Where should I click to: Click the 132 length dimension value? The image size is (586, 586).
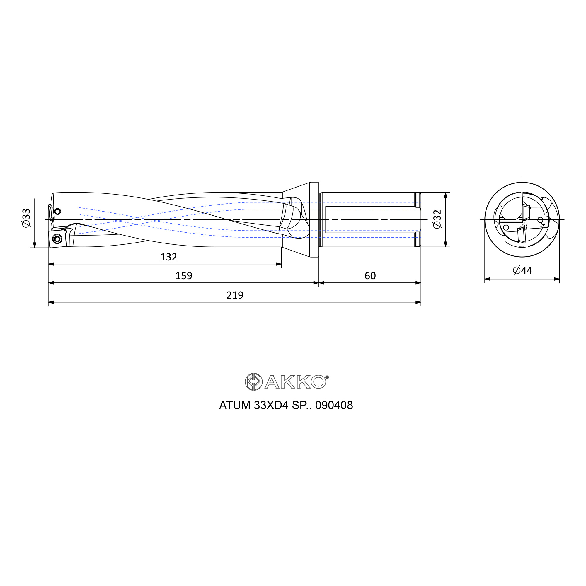point(168,257)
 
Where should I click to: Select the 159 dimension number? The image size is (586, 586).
point(184,276)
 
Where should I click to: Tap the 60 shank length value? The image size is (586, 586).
point(370,276)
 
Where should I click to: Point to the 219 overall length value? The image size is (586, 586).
point(235,295)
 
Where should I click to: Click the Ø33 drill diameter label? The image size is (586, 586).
point(26,218)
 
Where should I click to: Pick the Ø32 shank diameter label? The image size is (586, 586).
point(437,219)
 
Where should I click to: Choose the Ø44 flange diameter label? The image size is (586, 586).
point(522,270)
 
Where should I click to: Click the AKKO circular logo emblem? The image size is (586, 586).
point(253,381)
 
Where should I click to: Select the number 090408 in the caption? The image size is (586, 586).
point(334,405)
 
